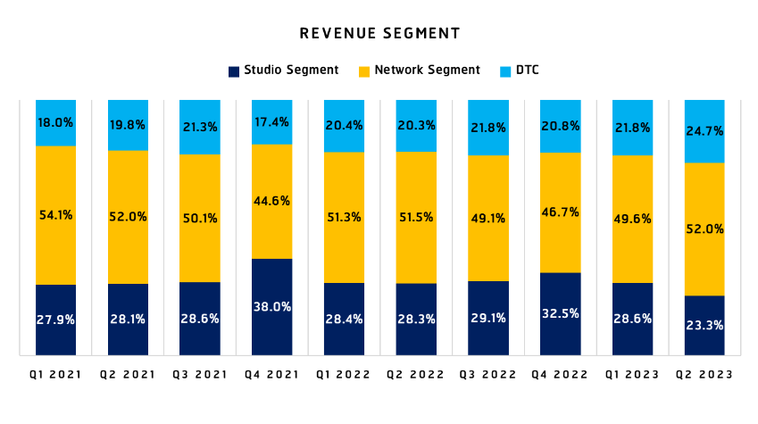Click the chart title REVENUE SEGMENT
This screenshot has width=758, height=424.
tap(379, 34)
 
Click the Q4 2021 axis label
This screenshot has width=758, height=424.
tap(272, 375)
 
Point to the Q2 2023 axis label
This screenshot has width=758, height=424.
tap(704, 375)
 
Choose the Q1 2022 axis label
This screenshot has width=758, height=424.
tap(344, 375)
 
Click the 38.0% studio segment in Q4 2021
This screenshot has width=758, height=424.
tap(271, 306)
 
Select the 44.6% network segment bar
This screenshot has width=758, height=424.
tap(271, 201)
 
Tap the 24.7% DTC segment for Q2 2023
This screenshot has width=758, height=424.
tap(704, 131)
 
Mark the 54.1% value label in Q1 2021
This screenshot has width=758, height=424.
tap(55, 214)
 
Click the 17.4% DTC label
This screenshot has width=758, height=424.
tap(271, 121)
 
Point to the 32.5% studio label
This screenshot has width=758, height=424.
tap(560, 313)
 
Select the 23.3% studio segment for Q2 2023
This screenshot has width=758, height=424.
tap(704, 325)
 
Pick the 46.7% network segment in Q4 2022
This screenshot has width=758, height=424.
tap(560, 212)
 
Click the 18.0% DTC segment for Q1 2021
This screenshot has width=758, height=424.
tap(55, 122)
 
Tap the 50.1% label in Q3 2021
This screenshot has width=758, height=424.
tap(200, 218)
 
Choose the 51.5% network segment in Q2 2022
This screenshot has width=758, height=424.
tap(415, 217)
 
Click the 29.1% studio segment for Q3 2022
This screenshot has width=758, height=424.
tap(487, 318)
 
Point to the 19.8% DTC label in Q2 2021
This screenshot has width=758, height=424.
tap(128, 125)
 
